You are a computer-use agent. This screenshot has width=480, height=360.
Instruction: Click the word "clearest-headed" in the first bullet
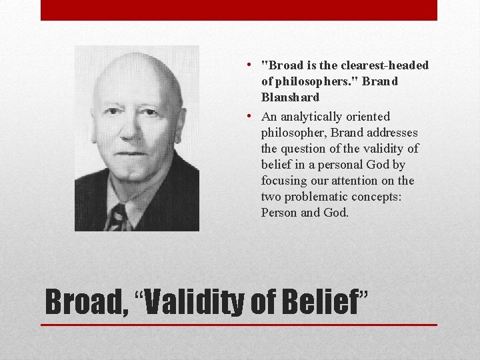385,65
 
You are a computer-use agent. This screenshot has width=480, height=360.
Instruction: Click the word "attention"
372,181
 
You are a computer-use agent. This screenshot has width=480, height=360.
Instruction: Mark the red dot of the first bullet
247,65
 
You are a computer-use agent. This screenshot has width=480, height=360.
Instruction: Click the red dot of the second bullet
247,116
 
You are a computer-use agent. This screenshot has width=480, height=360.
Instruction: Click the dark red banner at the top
239,10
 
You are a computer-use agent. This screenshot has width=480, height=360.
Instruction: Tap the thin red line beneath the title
239,325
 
